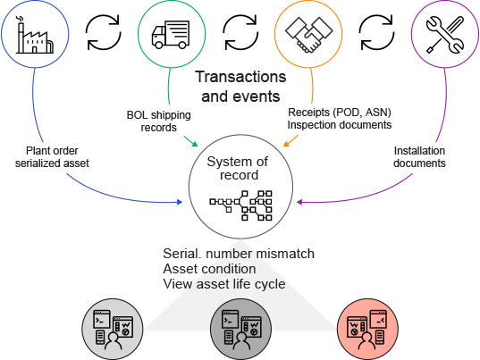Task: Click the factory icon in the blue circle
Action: [x=35, y=35]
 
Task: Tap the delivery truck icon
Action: [x=171, y=35]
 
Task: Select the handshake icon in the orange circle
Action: [x=308, y=35]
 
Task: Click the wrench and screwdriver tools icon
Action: [x=445, y=35]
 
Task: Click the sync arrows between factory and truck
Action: [x=103, y=33]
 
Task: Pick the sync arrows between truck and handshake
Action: [x=240, y=33]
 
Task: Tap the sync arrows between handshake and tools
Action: [x=376, y=33]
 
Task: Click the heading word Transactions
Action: [x=240, y=77]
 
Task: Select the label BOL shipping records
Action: [x=158, y=121]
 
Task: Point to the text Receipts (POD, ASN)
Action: [x=340, y=113]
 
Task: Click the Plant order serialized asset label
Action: [x=52, y=157]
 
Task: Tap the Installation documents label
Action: [x=419, y=157]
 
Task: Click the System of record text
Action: [x=238, y=168]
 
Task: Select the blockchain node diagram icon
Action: [x=241, y=205]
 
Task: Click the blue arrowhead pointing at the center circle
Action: [x=180, y=202]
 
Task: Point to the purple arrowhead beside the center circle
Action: [x=299, y=202]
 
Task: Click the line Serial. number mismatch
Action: [x=239, y=254]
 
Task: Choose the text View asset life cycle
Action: [x=224, y=284]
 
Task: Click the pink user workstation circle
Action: [x=367, y=329]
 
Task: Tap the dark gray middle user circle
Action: [x=241, y=329]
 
